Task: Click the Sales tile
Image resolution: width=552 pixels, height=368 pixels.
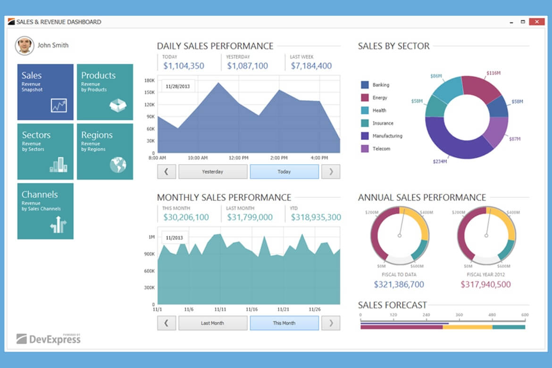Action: pyautogui.click(x=45, y=92)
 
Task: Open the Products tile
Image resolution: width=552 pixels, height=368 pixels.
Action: pyautogui.click(x=105, y=92)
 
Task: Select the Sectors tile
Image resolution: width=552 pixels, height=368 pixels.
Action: pyautogui.click(x=45, y=151)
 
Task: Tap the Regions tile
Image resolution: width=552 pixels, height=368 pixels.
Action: pyautogui.click(x=105, y=151)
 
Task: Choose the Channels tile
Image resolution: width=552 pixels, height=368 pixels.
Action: pyautogui.click(x=45, y=211)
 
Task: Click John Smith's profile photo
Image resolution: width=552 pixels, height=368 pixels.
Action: pyautogui.click(x=25, y=46)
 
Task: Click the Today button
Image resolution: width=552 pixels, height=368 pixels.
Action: pyautogui.click(x=284, y=172)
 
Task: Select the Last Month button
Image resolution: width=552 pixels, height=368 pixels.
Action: pyautogui.click(x=212, y=323)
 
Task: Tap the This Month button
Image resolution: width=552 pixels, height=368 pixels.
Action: pyautogui.click(x=284, y=323)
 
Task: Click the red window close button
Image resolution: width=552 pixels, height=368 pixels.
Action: pyautogui.click(x=536, y=22)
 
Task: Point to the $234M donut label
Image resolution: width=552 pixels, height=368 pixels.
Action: pyautogui.click(x=440, y=161)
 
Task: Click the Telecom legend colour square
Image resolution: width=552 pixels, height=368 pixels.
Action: pyautogui.click(x=365, y=149)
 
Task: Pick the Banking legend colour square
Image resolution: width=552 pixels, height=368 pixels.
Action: pyautogui.click(x=365, y=85)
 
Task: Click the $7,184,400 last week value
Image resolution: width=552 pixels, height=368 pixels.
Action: pyautogui.click(x=311, y=66)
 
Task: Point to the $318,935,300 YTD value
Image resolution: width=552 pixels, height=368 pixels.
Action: pyautogui.click(x=316, y=217)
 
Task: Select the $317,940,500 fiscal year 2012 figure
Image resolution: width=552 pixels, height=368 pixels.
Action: pyautogui.click(x=485, y=284)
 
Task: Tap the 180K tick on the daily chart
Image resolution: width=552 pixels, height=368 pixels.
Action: pyautogui.click(x=150, y=81)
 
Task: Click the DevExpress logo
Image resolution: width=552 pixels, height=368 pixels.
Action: pyautogui.click(x=49, y=338)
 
